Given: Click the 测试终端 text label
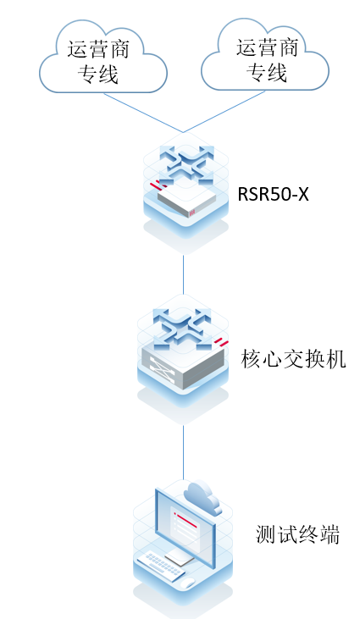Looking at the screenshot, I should click(297, 534).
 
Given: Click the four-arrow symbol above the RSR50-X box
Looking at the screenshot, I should click(183, 162).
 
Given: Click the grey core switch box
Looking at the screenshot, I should click(182, 360).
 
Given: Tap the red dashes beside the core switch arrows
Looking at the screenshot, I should click(222, 341).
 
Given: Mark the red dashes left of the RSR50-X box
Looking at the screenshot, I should click(154, 185).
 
